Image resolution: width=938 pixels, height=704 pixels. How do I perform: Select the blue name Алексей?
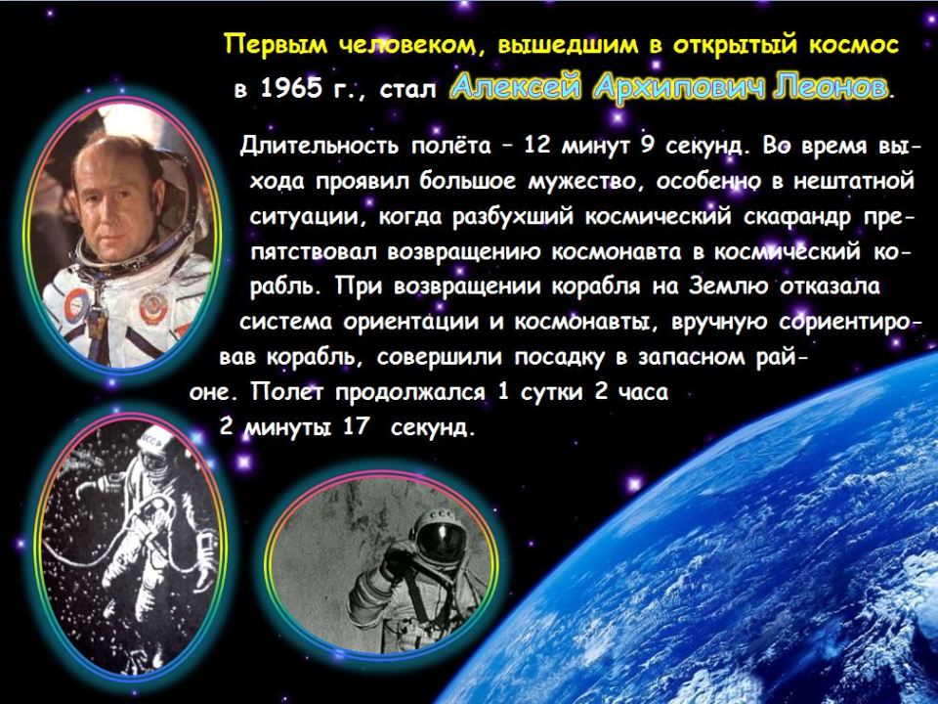pyautogui.click(x=517, y=88)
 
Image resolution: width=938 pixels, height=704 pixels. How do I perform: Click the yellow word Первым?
pyautogui.click(x=276, y=46)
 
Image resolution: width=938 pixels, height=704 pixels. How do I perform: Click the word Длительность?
pyautogui.click(x=319, y=146)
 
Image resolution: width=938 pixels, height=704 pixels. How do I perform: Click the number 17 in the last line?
pyautogui.click(x=355, y=427)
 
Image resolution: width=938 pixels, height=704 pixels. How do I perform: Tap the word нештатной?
pyautogui.click(x=854, y=181)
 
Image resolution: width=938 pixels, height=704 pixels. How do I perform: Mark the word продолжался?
pyautogui.click(x=410, y=392)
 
